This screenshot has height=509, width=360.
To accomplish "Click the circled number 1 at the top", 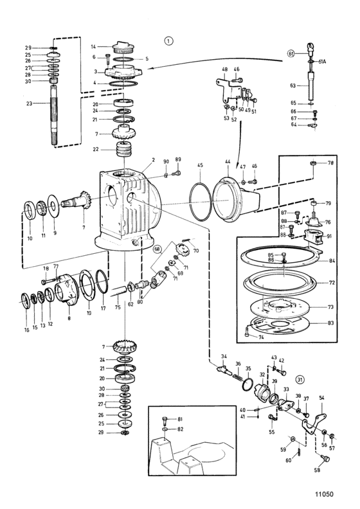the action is click(x=168, y=41).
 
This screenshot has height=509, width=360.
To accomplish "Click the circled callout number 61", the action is click(x=291, y=53).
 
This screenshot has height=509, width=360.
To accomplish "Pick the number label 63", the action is click(x=292, y=85).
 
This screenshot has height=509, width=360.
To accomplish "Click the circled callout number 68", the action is click(x=157, y=249).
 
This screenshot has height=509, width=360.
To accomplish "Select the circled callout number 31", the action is click(x=300, y=379).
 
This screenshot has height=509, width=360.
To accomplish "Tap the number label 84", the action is click(x=332, y=261).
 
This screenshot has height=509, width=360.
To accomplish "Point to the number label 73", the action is click(x=330, y=307).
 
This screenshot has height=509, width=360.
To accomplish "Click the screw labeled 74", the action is click(x=247, y=332).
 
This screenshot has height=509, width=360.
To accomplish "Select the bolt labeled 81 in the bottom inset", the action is click(x=165, y=422).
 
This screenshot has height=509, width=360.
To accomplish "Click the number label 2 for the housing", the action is click(x=154, y=160).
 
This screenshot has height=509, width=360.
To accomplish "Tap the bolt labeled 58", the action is click(x=325, y=458).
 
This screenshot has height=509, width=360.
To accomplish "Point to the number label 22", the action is click(x=95, y=149).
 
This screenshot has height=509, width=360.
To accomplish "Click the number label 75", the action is click(x=118, y=307).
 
